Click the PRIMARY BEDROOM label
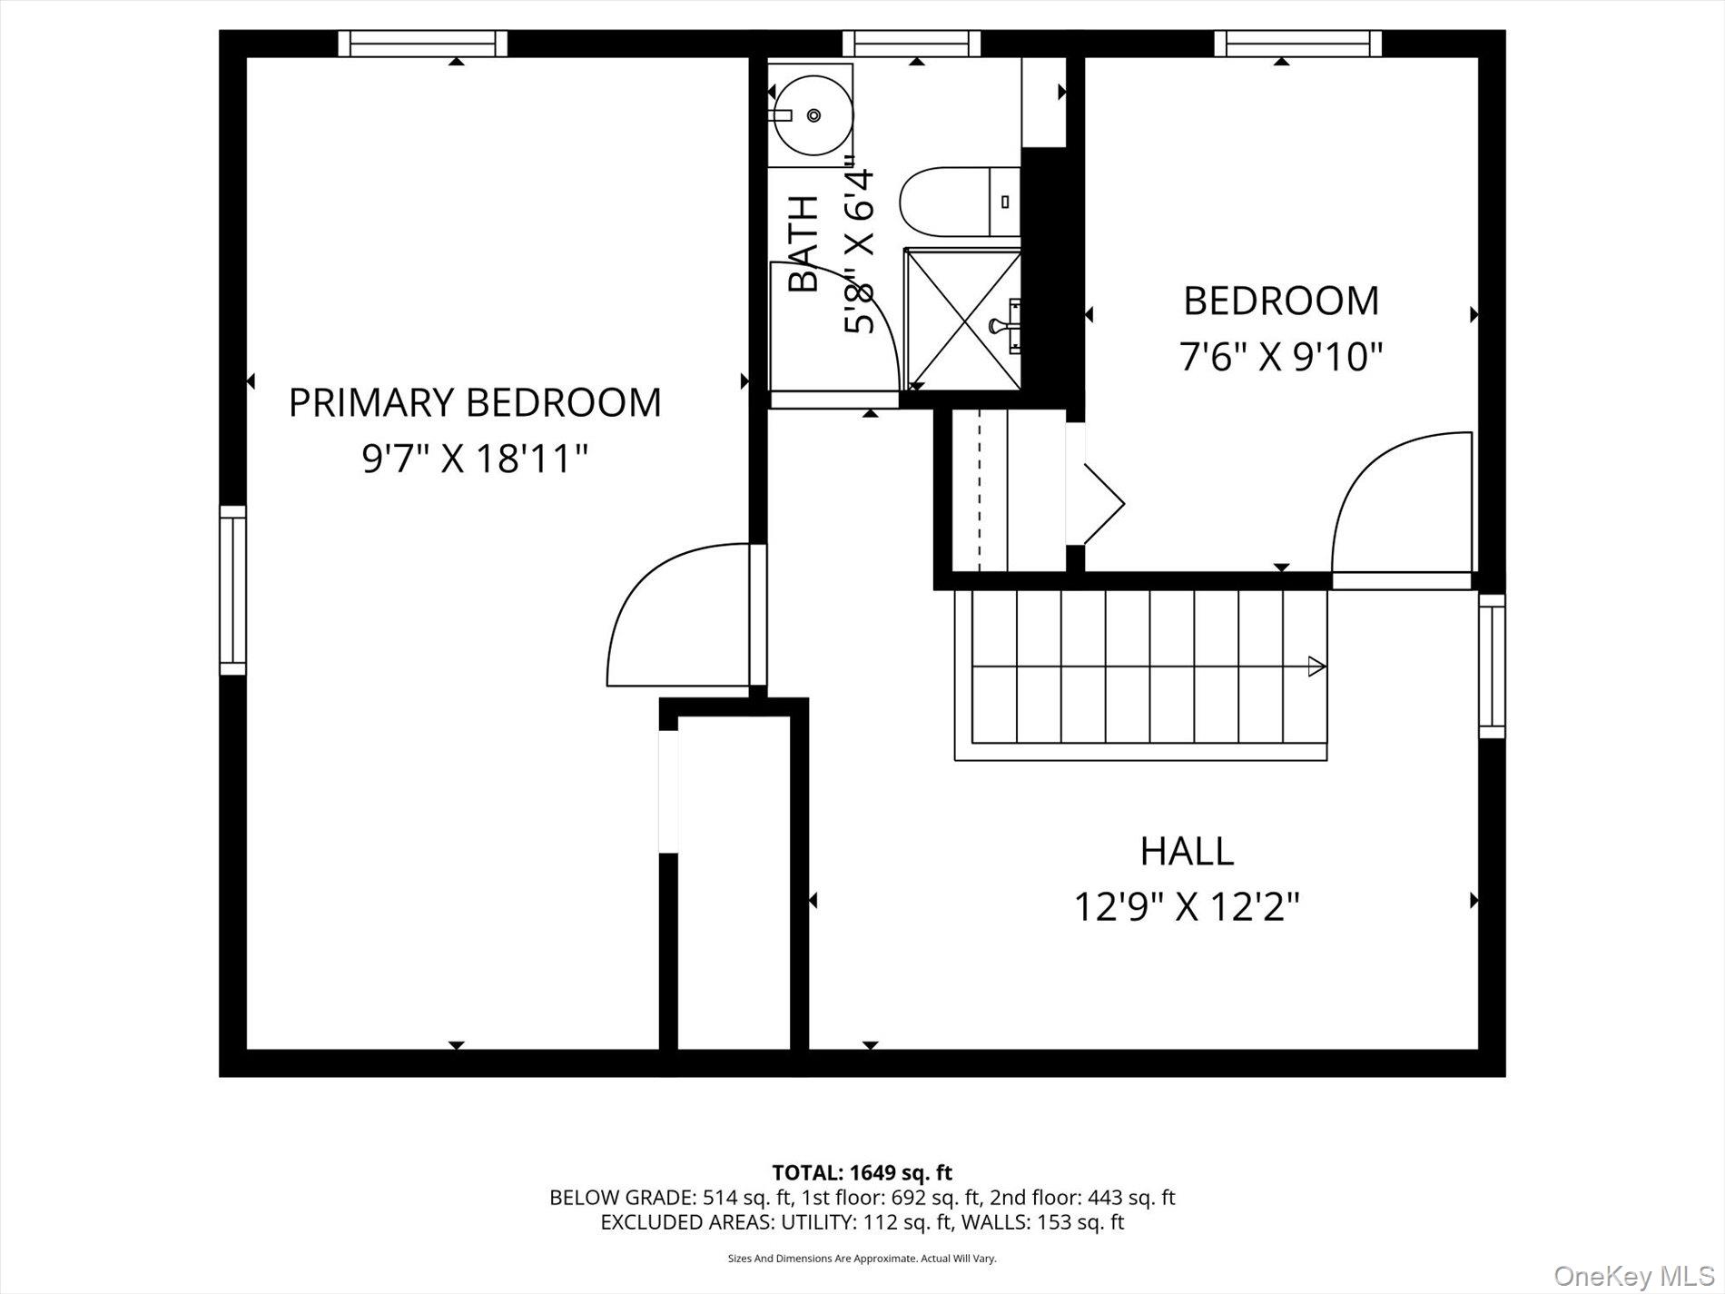pyautogui.click(x=474, y=402)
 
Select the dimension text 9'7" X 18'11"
pyautogui.click(x=475, y=459)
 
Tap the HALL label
pyautogui.click(x=1187, y=851)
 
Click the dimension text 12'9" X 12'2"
pyautogui.click(x=1187, y=906)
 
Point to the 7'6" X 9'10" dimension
pyautogui.click(x=1280, y=357)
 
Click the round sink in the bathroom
pyautogui.click(x=813, y=114)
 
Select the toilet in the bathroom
pyautogui.click(x=958, y=202)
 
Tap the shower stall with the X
pyautogui.click(x=962, y=320)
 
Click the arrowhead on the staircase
pyautogui.click(x=1316, y=667)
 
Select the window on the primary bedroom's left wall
pyautogui.click(x=232, y=590)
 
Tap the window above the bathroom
pyautogui.click(x=912, y=43)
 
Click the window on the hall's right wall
pyautogui.click(x=1491, y=665)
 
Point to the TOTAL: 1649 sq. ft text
pyautogui.click(x=862, y=1172)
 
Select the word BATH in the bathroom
pyautogui.click(x=803, y=243)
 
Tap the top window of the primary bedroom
pyautogui.click(x=423, y=43)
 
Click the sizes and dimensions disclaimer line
pyautogui.click(x=862, y=1259)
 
